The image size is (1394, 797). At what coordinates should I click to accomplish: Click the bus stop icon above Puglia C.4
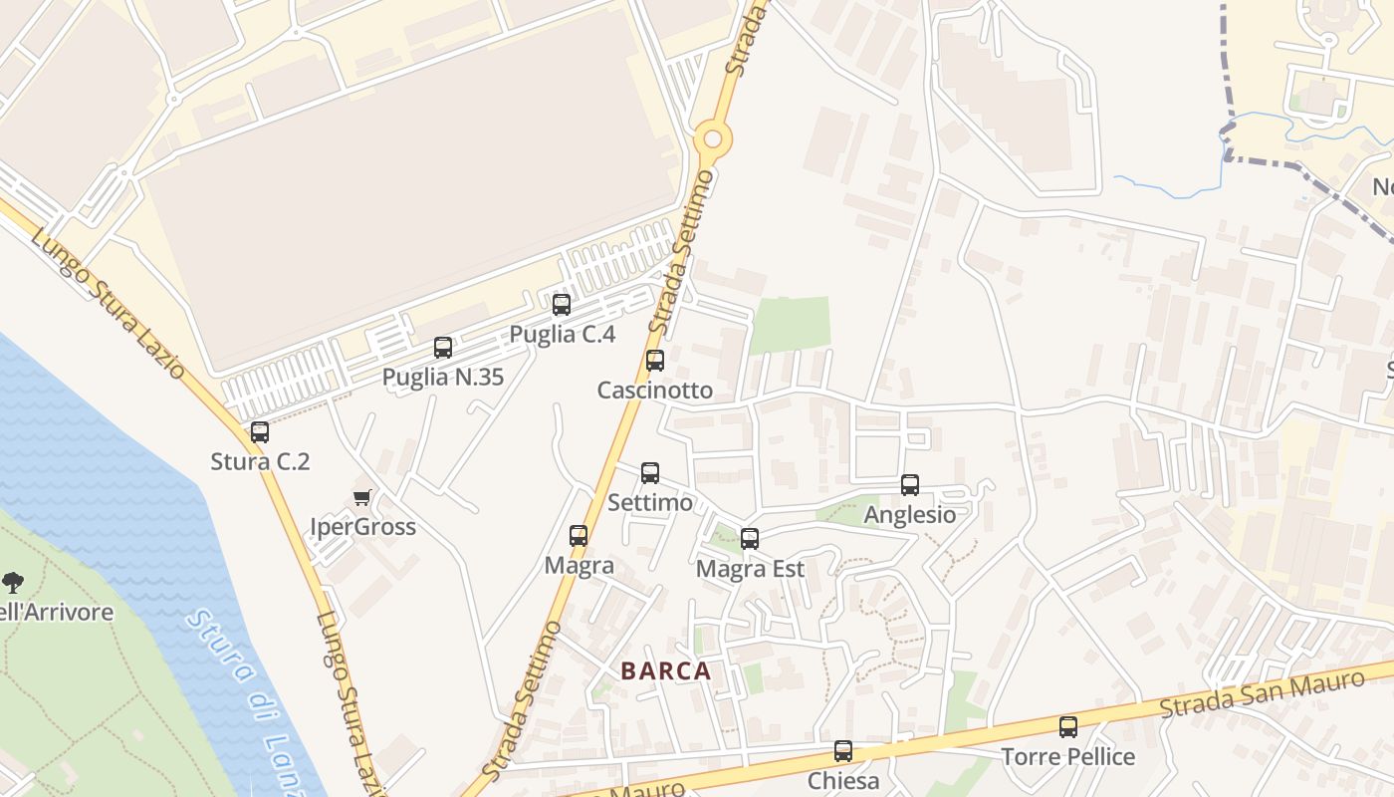[562, 305]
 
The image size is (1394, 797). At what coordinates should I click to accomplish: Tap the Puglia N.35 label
[443, 378]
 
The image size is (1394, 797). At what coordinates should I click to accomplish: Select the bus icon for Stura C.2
[260, 432]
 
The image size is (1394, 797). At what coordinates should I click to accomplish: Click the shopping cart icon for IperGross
[362, 497]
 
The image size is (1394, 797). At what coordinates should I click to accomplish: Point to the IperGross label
[362, 526]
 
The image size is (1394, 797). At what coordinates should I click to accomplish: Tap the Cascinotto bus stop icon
[655, 361]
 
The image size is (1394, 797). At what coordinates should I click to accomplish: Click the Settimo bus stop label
[650, 503]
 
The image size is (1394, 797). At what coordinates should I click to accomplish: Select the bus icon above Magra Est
[750, 539]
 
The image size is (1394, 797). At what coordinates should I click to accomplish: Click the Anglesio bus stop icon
[910, 485]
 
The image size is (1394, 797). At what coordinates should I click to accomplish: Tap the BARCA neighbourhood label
[666, 671]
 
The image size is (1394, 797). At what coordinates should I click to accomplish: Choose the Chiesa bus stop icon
[843, 751]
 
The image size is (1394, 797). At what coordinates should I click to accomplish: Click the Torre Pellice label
[1068, 757]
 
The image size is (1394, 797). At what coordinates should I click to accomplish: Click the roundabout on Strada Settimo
[712, 138]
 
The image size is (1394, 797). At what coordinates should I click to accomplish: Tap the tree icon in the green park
[13, 583]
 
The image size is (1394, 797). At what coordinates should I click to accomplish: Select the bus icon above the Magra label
[579, 536]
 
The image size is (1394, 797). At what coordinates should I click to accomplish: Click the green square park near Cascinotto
[790, 325]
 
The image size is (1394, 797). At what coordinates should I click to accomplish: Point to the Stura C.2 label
[260, 461]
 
